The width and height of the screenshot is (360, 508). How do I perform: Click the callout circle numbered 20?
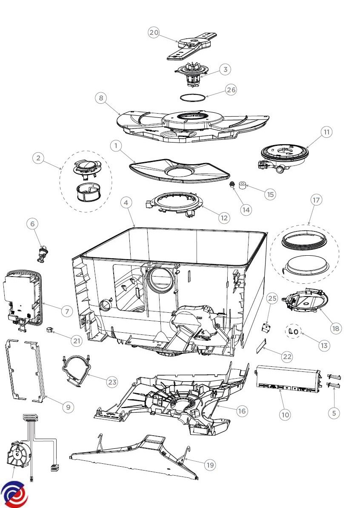point(154,32)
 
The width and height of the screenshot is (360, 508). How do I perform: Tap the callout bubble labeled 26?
point(231,90)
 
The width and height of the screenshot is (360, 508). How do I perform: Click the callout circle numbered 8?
point(101,98)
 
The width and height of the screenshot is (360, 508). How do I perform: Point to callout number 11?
point(326,132)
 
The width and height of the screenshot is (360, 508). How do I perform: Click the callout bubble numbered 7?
point(66,311)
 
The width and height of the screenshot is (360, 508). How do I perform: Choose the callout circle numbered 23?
point(112,382)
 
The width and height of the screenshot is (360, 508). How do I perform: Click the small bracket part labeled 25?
point(266,328)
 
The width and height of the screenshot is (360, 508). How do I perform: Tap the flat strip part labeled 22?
point(261,347)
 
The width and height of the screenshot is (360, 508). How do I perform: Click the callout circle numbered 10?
point(285,414)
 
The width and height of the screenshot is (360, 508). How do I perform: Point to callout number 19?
point(210,465)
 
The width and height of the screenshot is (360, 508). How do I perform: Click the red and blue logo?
point(14,494)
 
